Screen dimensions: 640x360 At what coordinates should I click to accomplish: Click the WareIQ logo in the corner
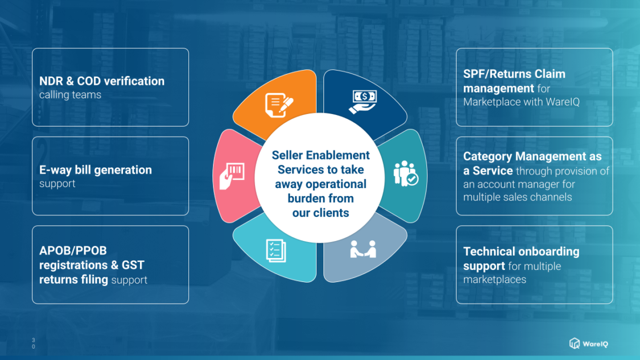pyautogui.click(x=589, y=343)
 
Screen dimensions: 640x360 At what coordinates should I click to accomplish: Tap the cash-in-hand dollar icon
pyautogui.click(x=363, y=101)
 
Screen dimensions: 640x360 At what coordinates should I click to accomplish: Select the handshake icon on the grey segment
pyautogui.click(x=363, y=249)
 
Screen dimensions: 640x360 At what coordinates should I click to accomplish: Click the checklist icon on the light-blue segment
pyautogui.click(x=276, y=250)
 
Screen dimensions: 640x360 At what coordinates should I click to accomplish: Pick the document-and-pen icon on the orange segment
pyautogui.click(x=279, y=105)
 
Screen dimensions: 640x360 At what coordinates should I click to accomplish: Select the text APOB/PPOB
pyautogui.click(x=73, y=251)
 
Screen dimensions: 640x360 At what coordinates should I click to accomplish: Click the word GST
pyautogui.click(x=133, y=265)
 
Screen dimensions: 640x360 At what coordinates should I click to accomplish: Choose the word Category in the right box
pyautogui.click(x=487, y=157)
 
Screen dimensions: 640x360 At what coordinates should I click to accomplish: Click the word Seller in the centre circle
pyautogui.click(x=288, y=156)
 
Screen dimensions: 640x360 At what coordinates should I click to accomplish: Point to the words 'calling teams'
pyautogui.click(x=70, y=95)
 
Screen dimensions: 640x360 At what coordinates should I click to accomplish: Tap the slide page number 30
pyautogui.click(x=34, y=343)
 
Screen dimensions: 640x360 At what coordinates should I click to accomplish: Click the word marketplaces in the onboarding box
pyautogui.click(x=495, y=280)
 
